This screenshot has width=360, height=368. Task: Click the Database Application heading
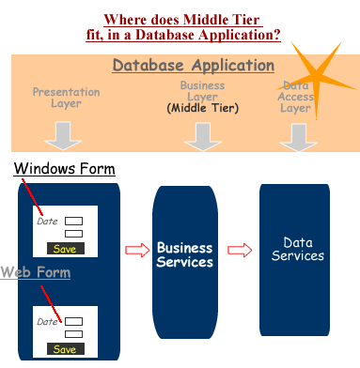(x=194, y=67)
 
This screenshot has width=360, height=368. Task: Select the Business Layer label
(x=202, y=90)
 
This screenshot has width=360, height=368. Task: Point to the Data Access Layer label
(x=296, y=97)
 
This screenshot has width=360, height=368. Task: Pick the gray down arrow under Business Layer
(x=201, y=136)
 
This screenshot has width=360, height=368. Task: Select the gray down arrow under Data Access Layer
(x=296, y=136)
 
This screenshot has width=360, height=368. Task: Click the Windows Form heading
(x=64, y=169)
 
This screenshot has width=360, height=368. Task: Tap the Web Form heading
(x=36, y=272)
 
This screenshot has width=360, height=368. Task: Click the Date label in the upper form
(x=47, y=222)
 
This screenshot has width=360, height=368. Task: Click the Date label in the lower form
(x=47, y=322)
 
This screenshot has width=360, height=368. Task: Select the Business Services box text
(x=184, y=255)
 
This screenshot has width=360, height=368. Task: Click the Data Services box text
(x=296, y=249)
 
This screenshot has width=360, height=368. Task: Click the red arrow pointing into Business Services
(x=137, y=250)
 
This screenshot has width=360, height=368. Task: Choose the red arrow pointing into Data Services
(x=241, y=250)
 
